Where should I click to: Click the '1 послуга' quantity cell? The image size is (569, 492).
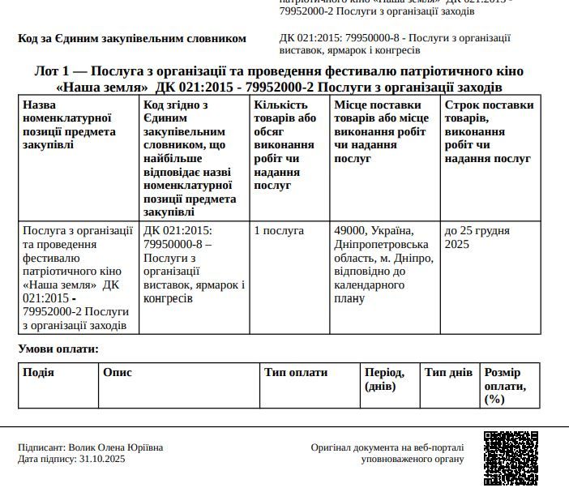[279, 231]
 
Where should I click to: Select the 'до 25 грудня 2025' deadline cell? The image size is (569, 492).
[476, 237]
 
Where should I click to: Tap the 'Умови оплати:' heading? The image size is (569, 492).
[58, 349]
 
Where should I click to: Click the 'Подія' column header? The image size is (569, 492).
[38, 373]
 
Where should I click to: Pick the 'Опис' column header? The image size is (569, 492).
[118, 373]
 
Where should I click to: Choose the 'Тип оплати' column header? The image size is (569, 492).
[296, 373]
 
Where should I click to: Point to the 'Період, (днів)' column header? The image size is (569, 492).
[385, 379]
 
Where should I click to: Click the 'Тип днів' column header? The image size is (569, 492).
[448, 373]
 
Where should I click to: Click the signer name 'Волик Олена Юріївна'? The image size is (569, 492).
[116, 447]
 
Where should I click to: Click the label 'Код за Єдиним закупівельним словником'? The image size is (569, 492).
[131, 39]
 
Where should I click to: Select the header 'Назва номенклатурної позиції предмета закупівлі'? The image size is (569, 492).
[69, 125]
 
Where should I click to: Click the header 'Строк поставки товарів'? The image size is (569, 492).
[489, 131]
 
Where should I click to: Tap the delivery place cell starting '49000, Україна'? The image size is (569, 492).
[383, 264]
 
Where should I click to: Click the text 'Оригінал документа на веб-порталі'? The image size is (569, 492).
[387, 447]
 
